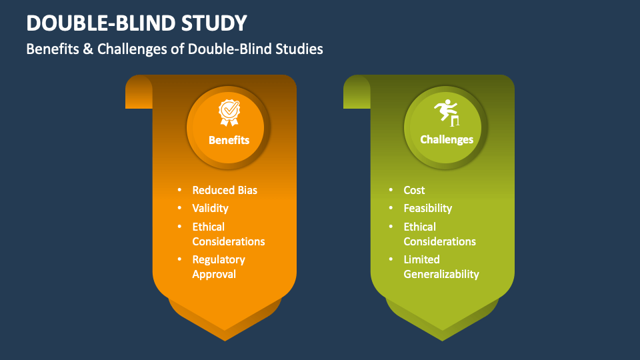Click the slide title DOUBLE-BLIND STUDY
(x=137, y=23)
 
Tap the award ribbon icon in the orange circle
(x=229, y=113)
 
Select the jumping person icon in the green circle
(x=447, y=112)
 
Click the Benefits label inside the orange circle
(x=229, y=140)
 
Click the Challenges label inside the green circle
(x=447, y=140)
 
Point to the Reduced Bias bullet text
(x=225, y=190)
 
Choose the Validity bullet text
(x=210, y=208)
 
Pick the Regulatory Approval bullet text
(x=219, y=267)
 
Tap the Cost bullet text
(x=414, y=190)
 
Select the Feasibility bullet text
(x=427, y=208)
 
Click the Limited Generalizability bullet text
(x=441, y=267)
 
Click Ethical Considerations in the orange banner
(x=228, y=234)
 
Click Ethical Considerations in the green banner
(x=439, y=234)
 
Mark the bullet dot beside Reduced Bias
(x=178, y=191)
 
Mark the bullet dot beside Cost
(x=389, y=191)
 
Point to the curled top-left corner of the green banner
(x=356, y=91)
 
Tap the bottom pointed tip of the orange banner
(x=225, y=336)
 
